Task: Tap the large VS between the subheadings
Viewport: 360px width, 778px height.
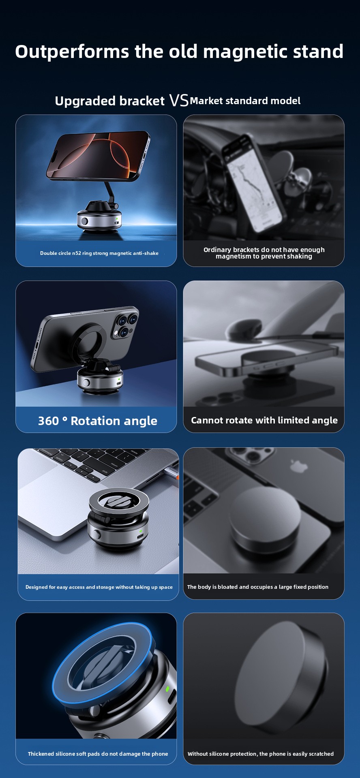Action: click(x=179, y=100)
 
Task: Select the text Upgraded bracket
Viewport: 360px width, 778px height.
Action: click(x=109, y=101)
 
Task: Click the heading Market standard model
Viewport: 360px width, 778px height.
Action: click(x=245, y=101)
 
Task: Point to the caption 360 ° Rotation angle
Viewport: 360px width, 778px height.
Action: click(x=97, y=421)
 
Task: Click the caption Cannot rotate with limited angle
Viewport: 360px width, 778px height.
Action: click(x=264, y=420)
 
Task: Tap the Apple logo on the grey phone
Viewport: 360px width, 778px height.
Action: click(x=299, y=466)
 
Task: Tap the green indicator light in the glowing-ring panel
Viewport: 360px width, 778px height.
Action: click(x=167, y=688)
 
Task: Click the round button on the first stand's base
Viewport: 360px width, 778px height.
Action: click(x=84, y=221)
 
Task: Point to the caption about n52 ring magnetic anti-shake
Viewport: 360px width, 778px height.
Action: click(x=99, y=253)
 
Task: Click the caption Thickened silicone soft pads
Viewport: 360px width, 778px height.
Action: click(x=98, y=754)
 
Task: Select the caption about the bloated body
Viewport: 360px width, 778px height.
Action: click(x=258, y=587)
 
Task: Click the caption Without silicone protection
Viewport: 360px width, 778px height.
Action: click(x=260, y=754)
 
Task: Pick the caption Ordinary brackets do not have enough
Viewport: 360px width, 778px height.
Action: click(x=264, y=253)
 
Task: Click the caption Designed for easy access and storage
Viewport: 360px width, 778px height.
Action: click(x=99, y=587)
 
